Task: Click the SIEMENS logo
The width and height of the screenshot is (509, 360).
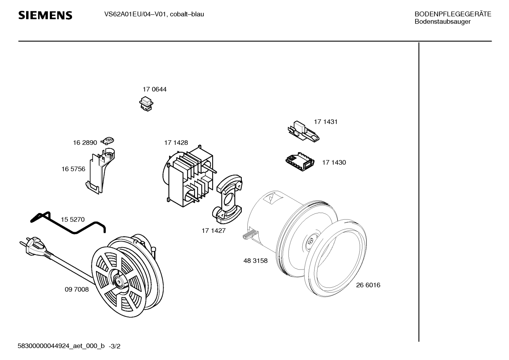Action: [x=45, y=16]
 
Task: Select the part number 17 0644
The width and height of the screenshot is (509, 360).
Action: [x=155, y=89]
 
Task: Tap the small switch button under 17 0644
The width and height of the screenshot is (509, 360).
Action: [x=146, y=104]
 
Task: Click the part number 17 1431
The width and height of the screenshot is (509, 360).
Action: [x=325, y=122]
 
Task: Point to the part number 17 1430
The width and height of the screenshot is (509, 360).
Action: [x=334, y=163]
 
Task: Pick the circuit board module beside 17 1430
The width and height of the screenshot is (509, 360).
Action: [x=300, y=162]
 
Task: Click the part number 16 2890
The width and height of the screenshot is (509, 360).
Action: [x=85, y=143]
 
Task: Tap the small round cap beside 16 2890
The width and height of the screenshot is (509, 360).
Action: [x=107, y=141]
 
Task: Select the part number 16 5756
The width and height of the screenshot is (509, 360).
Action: [x=73, y=169]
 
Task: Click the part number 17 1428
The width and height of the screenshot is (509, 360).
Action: [x=176, y=143]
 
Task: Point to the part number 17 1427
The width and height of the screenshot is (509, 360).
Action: [x=214, y=231]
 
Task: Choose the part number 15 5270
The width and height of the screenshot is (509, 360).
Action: [x=73, y=220]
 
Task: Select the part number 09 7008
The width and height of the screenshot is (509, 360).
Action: [x=77, y=290]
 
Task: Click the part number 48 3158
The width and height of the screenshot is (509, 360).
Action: [x=256, y=261]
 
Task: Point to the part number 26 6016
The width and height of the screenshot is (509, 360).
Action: [x=368, y=285]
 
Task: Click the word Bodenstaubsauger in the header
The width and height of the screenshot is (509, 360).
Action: [x=443, y=22]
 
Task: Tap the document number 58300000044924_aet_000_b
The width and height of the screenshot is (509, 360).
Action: [x=61, y=346]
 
